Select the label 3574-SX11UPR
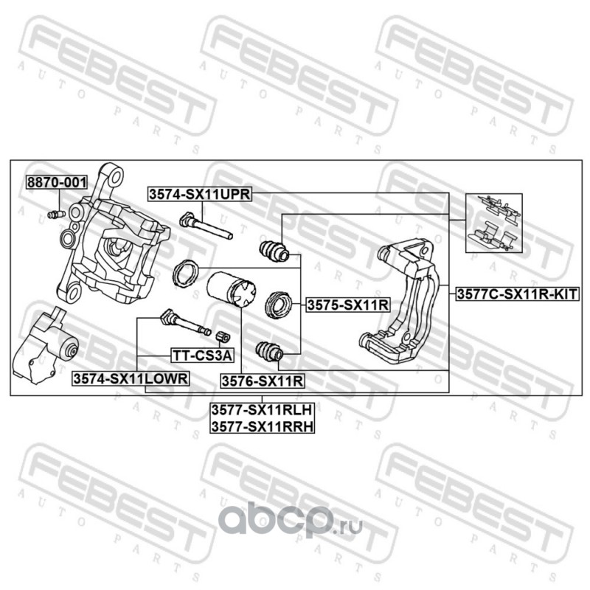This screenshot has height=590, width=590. tap(200, 194)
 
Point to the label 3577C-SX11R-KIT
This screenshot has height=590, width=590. tap(516, 294)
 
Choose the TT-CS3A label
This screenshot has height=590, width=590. tap(201, 356)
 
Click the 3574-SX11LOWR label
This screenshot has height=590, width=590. tap(131, 378)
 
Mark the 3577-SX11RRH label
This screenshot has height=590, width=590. tap(262, 426)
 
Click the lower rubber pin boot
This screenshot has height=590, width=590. tap(268, 352)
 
